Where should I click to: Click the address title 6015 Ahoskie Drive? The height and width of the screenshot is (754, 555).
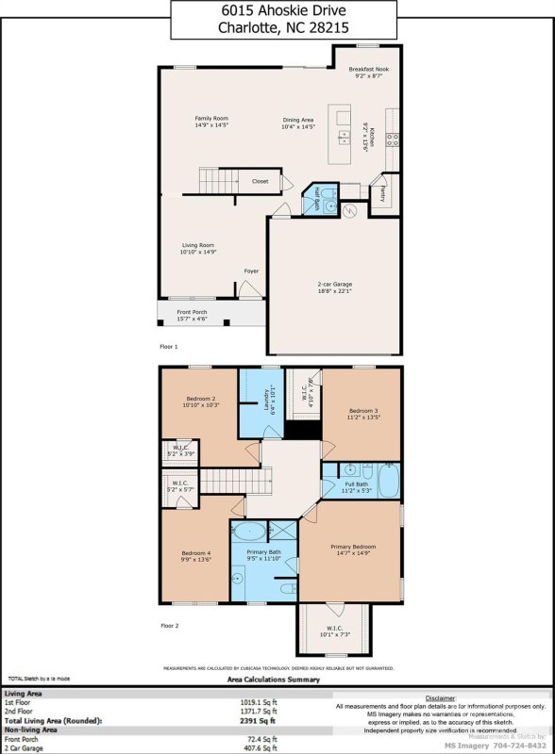[277, 10]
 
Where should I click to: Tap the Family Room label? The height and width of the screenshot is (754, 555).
[185, 117]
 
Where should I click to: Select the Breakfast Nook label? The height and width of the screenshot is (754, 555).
[368, 70]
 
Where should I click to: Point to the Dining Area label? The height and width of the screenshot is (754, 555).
[298, 120]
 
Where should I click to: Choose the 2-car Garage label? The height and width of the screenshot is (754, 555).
[336, 283]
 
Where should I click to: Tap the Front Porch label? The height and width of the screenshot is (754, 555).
[192, 312]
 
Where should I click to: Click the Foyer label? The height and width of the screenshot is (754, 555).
[251, 270]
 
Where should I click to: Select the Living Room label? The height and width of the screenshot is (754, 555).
[199, 245]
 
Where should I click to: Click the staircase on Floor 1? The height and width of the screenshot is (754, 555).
[214, 180]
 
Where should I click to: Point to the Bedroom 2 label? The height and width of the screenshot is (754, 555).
[199, 400]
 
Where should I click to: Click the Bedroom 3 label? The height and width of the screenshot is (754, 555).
[363, 411]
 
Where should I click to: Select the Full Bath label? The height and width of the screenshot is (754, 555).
[358, 484]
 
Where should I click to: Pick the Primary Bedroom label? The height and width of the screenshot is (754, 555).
[353, 546]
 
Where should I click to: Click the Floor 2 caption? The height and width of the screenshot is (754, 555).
[169, 625]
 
